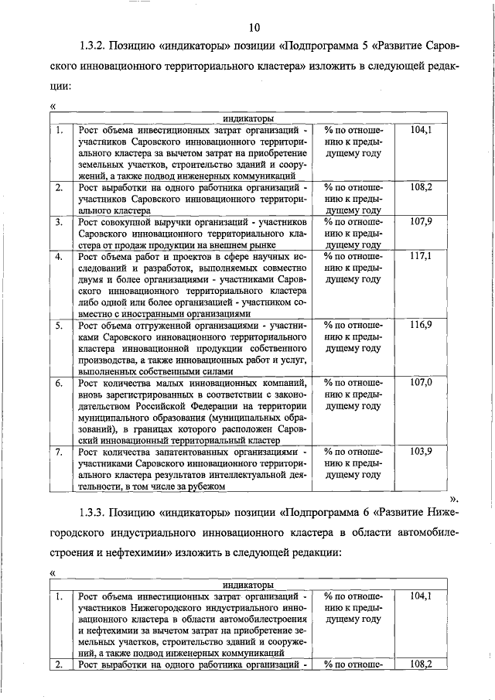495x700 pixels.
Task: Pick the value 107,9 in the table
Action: pos(421,222)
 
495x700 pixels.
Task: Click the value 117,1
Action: pos(421,255)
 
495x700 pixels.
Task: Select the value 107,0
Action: pos(421,382)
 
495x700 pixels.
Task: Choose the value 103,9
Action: pos(421,451)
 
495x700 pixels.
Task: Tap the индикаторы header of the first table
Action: pos(249,119)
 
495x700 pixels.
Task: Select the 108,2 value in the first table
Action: pos(421,187)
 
